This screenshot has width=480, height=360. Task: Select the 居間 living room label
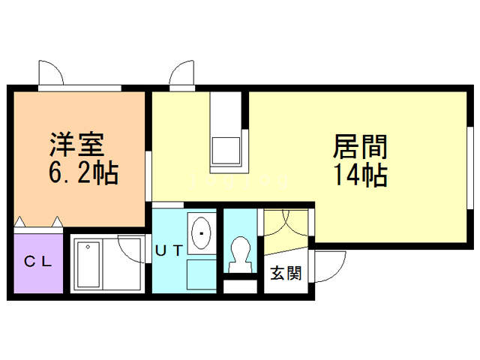[x=354, y=144]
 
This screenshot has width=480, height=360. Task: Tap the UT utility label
[x=169, y=251]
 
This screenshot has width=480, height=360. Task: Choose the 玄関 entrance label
[x=285, y=273]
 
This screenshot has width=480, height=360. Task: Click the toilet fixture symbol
[x=240, y=253]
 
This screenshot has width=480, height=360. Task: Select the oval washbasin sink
[x=202, y=232]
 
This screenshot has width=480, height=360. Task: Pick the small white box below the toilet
[x=240, y=285]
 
